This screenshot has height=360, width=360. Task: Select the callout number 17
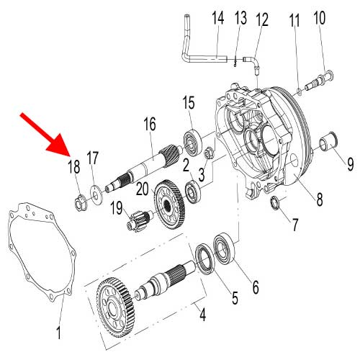pyautogui.click(x=92, y=158)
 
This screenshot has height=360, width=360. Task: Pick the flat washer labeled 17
pyautogui.click(x=94, y=192)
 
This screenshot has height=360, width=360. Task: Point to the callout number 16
pyautogui.click(x=149, y=124)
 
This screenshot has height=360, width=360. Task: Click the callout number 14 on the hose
pyautogui.click(x=217, y=18)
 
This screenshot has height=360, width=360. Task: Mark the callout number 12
pyautogui.click(x=261, y=18)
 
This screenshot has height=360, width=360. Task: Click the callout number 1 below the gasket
pyautogui.click(x=59, y=333)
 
